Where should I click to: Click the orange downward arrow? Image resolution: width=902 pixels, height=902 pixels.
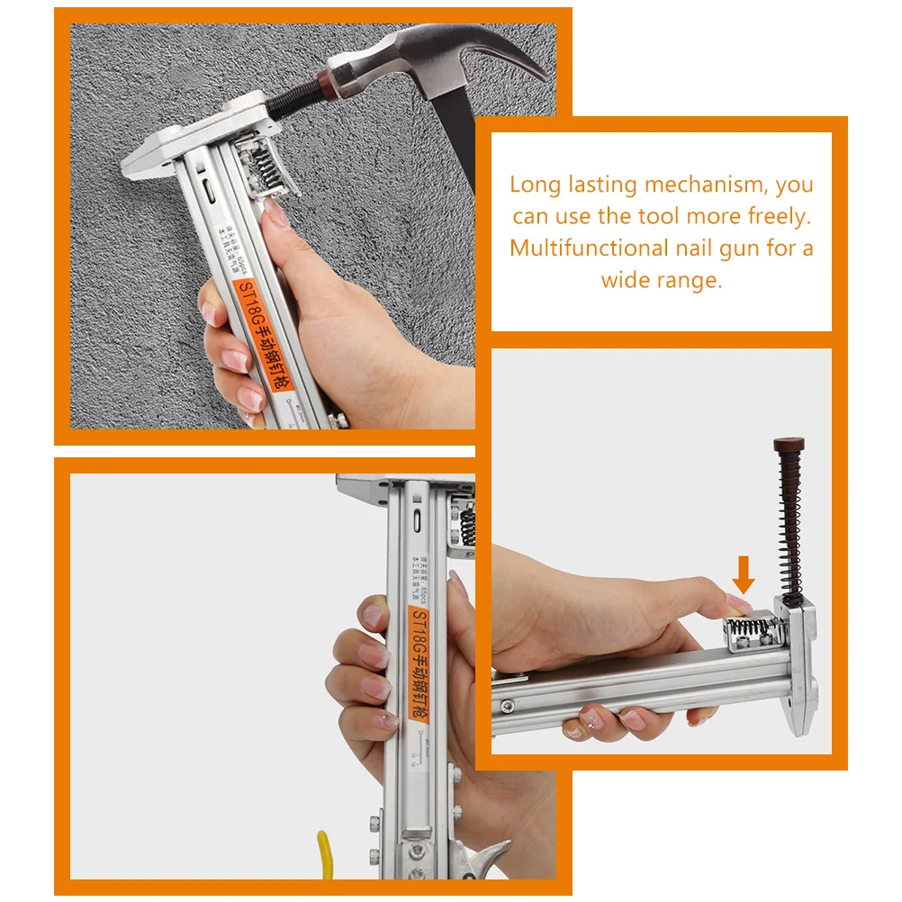743,573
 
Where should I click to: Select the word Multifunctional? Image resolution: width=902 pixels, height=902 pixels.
590,248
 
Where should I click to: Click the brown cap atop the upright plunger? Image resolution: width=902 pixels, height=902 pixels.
789,446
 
